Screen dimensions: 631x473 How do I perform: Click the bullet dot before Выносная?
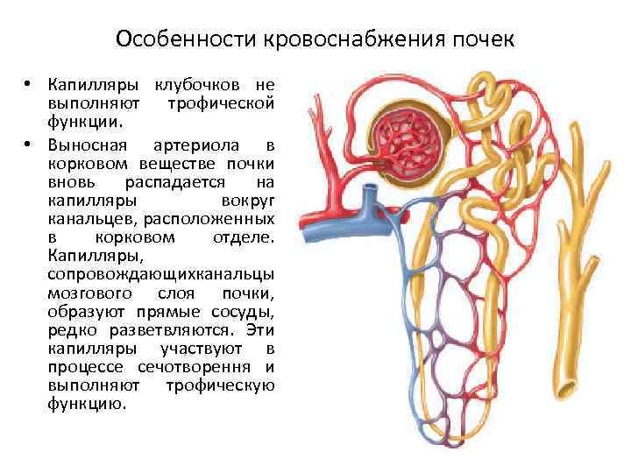click(29, 145)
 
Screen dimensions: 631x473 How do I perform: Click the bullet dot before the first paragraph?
click(29, 85)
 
